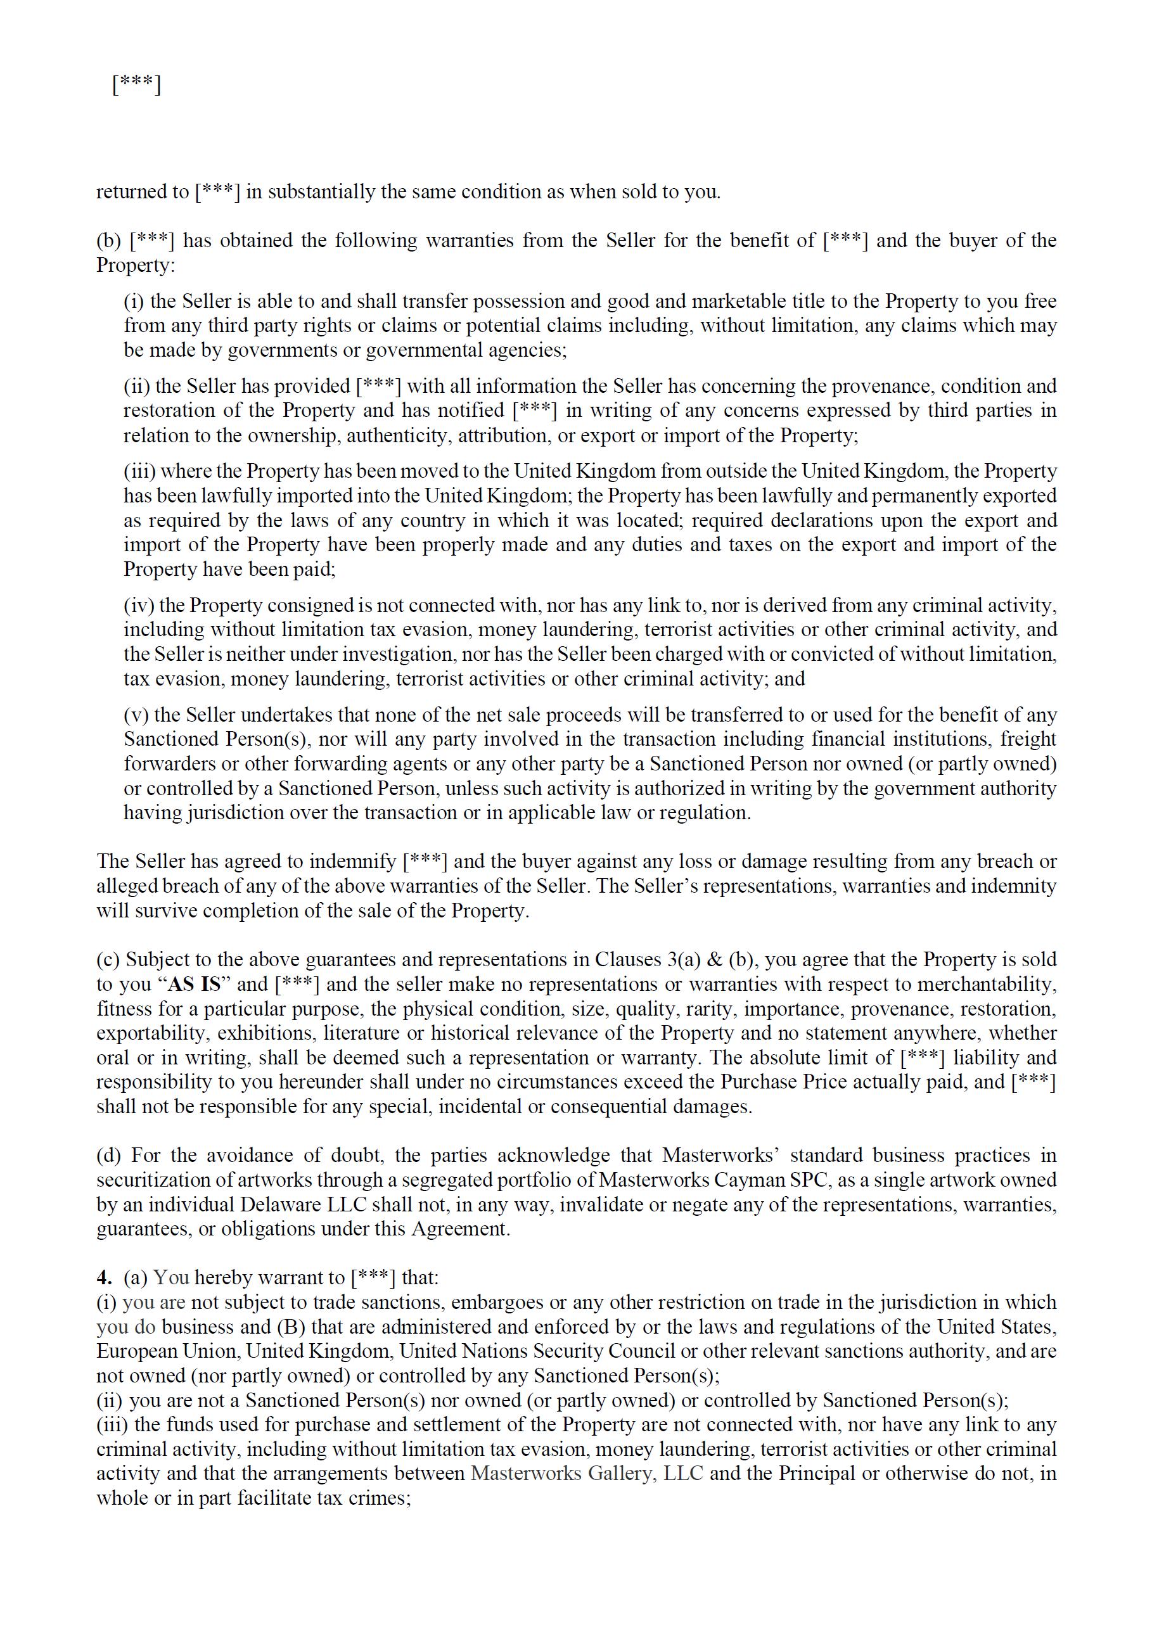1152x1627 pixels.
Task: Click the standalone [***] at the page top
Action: click(136, 86)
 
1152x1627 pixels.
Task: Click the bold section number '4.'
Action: click(105, 1278)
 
